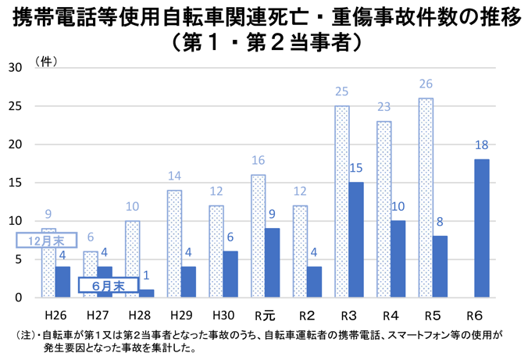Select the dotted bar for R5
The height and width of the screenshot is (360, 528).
tap(426, 198)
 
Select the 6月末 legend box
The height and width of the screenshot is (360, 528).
tap(109, 286)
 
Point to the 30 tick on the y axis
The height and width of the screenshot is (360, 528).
tap(14, 68)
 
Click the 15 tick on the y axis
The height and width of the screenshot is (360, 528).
tap(14, 183)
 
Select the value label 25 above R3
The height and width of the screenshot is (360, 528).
tap(341, 92)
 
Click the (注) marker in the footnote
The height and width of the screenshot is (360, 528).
tap(25, 335)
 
